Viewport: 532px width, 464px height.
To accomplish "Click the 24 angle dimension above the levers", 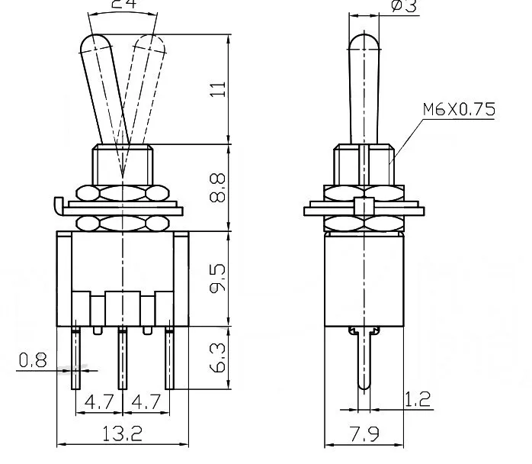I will point(125,5).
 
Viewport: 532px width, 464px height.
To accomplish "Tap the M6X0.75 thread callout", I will point(458,109).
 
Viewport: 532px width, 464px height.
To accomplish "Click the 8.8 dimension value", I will point(218,186).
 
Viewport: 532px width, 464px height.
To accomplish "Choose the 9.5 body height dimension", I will point(218,276).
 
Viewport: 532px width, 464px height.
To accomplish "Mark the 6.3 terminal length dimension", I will point(218,358).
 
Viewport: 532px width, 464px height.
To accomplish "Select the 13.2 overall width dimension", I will point(122,434).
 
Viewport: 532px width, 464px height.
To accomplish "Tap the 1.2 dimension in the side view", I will point(418,398).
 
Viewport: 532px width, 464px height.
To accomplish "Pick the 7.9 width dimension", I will point(363,434).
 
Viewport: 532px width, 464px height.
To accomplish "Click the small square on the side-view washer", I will point(365,207).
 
